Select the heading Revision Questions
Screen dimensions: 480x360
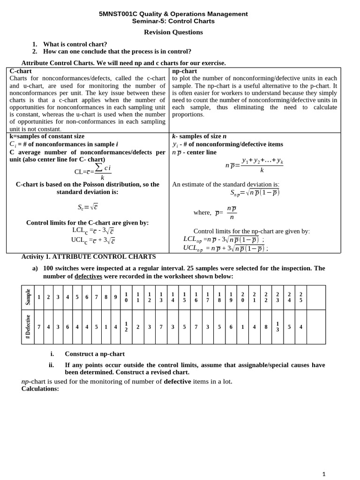(x=173, y=32)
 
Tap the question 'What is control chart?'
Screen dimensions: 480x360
(x=75, y=45)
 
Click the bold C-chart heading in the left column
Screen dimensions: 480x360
(x=21, y=71)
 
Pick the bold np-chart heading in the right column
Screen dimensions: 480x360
(x=184, y=71)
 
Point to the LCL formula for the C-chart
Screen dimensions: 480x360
(x=93, y=231)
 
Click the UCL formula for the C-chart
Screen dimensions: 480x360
(x=93, y=240)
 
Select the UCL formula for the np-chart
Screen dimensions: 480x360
(x=225, y=248)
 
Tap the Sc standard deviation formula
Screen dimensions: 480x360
(x=88, y=207)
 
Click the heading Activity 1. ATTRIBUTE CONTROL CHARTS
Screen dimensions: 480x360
(x=89, y=257)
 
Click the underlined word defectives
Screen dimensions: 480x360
(x=88, y=277)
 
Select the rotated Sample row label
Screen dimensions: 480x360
(x=28, y=297)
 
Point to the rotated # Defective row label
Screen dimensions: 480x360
(x=28, y=327)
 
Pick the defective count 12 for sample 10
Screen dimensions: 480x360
(x=126, y=327)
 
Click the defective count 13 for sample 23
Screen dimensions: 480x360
(x=277, y=327)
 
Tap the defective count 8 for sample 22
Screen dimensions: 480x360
(x=266, y=327)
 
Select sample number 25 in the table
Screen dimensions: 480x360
(x=301, y=297)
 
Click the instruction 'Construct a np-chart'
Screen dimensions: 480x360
(x=94, y=354)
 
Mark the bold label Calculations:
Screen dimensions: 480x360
(x=40, y=389)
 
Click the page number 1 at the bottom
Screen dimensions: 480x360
(x=324, y=474)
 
